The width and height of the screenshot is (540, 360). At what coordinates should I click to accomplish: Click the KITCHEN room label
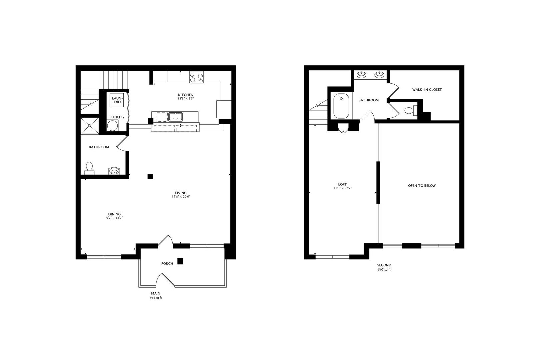[186, 95]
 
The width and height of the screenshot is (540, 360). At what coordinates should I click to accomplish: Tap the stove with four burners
[196, 77]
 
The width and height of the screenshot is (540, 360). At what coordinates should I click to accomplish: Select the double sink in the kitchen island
[175, 117]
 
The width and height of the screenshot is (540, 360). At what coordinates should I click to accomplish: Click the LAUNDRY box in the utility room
[117, 100]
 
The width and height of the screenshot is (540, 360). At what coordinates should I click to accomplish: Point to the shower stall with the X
[90, 126]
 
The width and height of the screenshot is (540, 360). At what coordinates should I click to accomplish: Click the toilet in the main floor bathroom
[89, 168]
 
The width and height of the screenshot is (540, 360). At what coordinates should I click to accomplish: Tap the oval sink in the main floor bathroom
[114, 171]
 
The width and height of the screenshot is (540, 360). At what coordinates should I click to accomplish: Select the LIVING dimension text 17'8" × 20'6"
[181, 197]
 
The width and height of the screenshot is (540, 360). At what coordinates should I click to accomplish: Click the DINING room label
[115, 214]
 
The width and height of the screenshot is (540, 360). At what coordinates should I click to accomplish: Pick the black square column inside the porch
[180, 261]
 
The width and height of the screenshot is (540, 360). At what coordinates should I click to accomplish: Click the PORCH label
[167, 264]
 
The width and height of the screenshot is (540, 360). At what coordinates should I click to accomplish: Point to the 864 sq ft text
[156, 298]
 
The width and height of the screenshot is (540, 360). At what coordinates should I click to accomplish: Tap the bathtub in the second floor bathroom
[341, 106]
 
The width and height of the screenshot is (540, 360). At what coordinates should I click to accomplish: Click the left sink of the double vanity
[361, 75]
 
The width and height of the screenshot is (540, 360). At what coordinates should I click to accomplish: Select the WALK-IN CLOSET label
[427, 89]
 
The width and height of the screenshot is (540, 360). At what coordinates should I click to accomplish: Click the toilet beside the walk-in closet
[411, 111]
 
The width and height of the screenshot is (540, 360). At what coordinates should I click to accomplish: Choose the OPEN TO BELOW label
[422, 186]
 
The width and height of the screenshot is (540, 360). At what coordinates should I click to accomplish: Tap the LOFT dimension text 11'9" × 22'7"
[343, 188]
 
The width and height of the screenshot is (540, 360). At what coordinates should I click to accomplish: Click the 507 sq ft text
[384, 270]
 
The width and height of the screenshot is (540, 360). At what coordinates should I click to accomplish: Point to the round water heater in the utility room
[112, 126]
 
